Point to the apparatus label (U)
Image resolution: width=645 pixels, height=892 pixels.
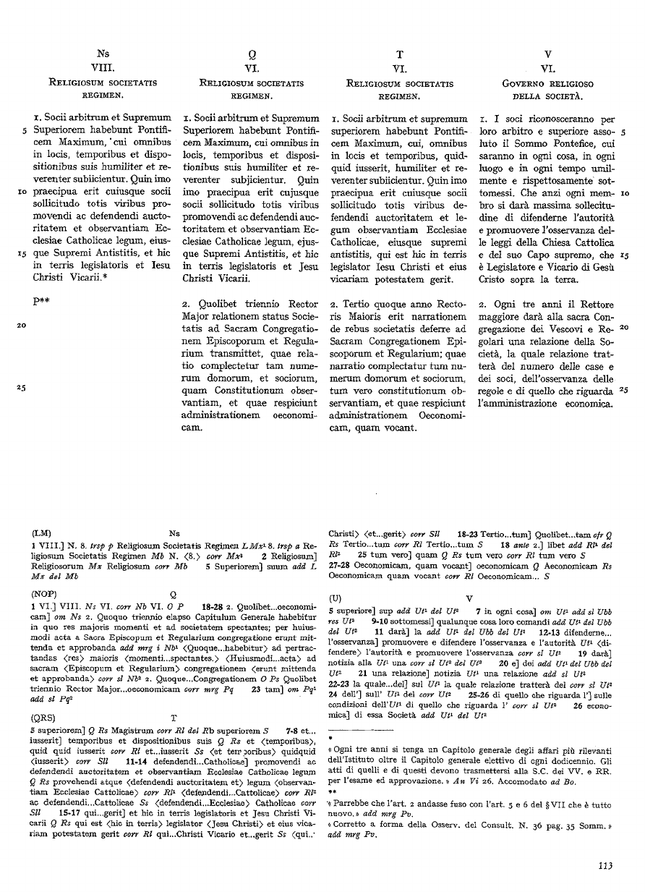click(335, 599)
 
